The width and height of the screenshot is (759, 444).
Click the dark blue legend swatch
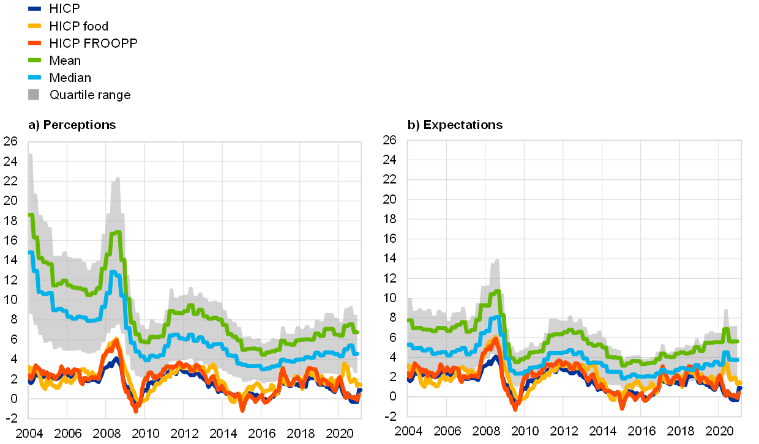pyautogui.click(x=34, y=9)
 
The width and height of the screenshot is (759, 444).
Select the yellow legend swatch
pyautogui.click(x=34, y=26)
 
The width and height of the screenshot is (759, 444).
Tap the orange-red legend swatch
pyautogui.click(x=34, y=43)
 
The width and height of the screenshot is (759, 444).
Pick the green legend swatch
pyautogui.click(x=34, y=60)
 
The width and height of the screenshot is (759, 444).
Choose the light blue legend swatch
pyautogui.click(x=34, y=77)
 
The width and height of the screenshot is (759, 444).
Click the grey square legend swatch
pyautogui.click(x=34, y=94)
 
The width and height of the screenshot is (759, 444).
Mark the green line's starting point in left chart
pyautogui.click(x=30, y=215)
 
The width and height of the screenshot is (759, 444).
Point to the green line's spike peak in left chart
pyautogui.click(x=118, y=232)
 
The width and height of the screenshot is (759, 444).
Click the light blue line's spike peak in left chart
pyautogui.click(x=113, y=272)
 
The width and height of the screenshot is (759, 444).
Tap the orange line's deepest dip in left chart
pyautogui.click(x=136, y=411)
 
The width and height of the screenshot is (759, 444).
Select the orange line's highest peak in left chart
pyautogui.click(x=116, y=340)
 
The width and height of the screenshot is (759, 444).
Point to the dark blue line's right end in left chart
pyautogui.click(x=360, y=390)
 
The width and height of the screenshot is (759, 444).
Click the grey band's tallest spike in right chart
pyautogui.click(x=496, y=260)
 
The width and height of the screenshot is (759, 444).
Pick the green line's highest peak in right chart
pyautogui.click(x=498, y=292)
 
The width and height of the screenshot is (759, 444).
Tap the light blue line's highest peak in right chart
pyautogui.click(x=497, y=317)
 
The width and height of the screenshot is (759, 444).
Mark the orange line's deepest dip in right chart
pyautogui.click(x=515, y=409)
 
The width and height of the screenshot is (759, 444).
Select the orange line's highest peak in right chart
pyautogui.click(x=495, y=338)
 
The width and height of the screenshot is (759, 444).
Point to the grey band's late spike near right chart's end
pyautogui.click(x=726, y=310)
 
